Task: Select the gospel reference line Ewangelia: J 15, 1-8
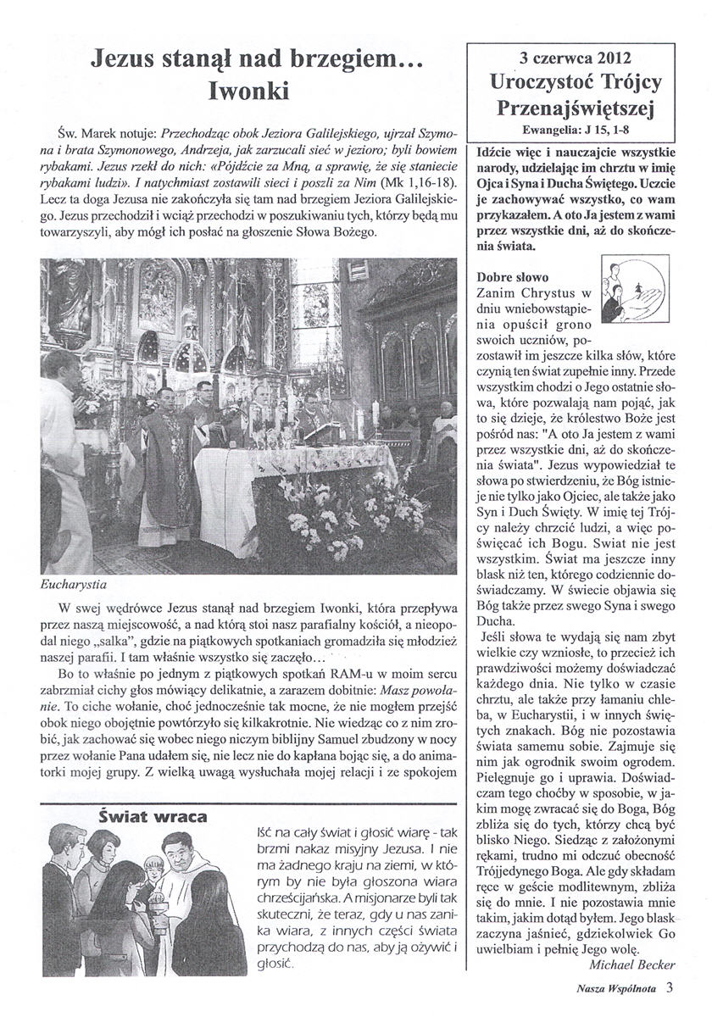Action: (575, 131)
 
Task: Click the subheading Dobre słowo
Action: (513, 276)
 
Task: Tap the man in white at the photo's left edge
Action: (59, 441)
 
